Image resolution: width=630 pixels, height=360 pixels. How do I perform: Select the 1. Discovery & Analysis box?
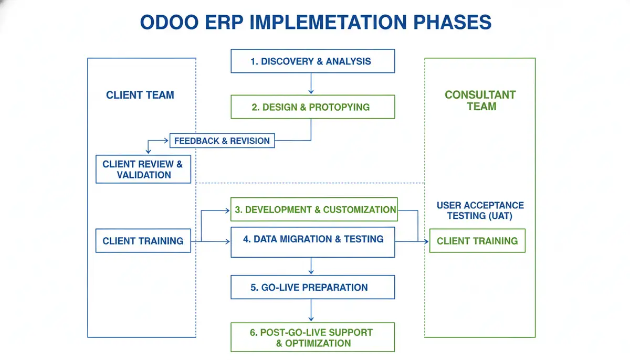point(312,61)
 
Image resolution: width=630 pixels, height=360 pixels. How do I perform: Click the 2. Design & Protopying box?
point(312,107)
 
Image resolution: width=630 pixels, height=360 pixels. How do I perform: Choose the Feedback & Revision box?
point(222,141)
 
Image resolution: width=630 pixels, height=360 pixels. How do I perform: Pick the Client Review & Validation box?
point(143,169)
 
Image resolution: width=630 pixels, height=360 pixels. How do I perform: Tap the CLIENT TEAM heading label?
point(140,95)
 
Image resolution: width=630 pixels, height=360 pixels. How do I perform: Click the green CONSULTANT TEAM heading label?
point(480,101)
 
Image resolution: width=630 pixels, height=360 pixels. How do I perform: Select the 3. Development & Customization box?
point(314,209)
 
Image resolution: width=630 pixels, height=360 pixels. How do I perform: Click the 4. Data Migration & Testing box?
point(312,242)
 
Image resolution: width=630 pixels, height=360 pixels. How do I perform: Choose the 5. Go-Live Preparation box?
point(312,287)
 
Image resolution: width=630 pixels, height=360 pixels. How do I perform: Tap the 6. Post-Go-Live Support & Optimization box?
point(312,337)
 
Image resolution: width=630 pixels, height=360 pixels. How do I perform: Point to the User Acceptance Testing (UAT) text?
point(480,210)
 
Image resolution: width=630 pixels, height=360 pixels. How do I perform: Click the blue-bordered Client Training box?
point(143,241)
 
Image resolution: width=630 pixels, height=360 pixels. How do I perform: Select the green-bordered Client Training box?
point(477,241)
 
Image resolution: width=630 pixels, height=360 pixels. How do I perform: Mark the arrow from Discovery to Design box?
point(311,83)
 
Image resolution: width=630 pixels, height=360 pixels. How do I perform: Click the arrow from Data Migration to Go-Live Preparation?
point(311,266)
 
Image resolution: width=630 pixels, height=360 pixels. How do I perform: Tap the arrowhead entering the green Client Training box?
point(426,241)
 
